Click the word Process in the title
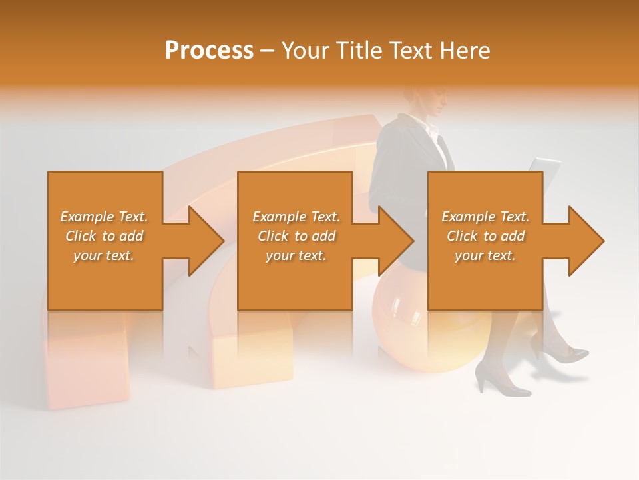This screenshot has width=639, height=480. [x=208, y=50]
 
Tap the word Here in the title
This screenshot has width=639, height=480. [x=464, y=50]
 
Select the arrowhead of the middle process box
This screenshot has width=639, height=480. [x=395, y=241]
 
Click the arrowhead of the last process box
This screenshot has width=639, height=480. [x=585, y=241]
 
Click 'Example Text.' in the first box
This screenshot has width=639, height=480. [x=105, y=217]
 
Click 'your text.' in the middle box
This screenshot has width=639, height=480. [x=296, y=255]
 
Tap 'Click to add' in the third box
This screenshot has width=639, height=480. [x=485, y=236]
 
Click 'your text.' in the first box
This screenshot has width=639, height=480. [x=105, y=255]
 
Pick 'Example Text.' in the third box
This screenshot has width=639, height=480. [x=485, y=217]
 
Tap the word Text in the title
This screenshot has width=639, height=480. [x=410, y=50]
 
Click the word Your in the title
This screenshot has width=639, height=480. [x=306, y=50]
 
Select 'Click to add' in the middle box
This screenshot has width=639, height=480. [x=296, y=236]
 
